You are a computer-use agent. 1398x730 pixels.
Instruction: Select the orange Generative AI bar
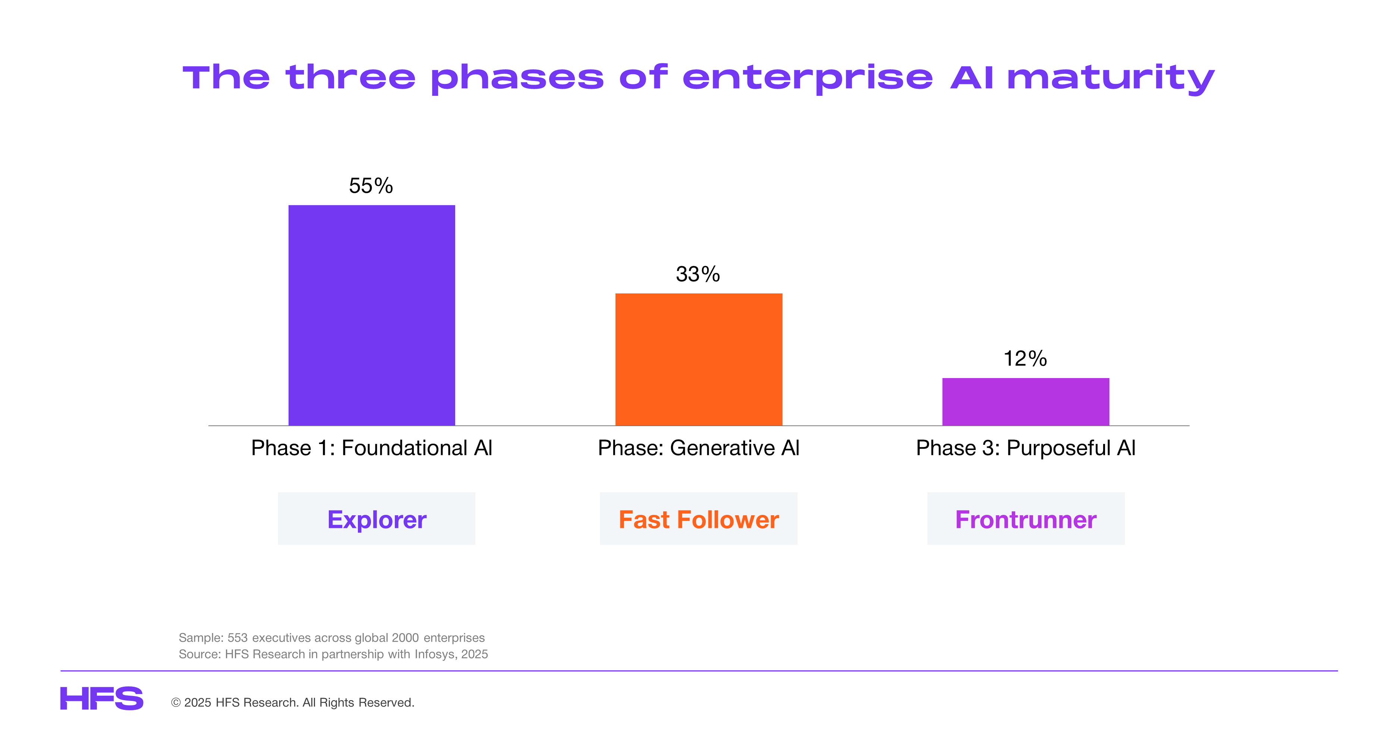(x=699, y=359)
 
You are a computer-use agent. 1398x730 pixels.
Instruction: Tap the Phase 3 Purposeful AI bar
(x=1026, y=402)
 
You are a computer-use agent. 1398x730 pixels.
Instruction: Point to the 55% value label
(x=371, y=186)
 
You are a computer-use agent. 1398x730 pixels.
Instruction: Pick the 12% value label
(x=1025, y=358)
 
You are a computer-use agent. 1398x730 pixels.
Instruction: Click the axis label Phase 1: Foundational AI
(x=372, y=448)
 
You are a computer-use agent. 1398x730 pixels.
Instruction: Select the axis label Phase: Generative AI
(x=699, y=448)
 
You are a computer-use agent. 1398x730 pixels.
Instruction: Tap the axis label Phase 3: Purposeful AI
(x=1026, y=448)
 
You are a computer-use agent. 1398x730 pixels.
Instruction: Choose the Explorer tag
(x=377, y=519)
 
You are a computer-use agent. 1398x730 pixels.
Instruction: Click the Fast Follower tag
(x=699, y=519)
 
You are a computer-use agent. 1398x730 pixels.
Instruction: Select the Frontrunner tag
(x=1026, y=519)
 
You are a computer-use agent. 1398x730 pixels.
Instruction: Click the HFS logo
(x=101, y=699)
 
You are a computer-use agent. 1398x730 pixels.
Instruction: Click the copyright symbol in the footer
(x=176, y=703)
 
